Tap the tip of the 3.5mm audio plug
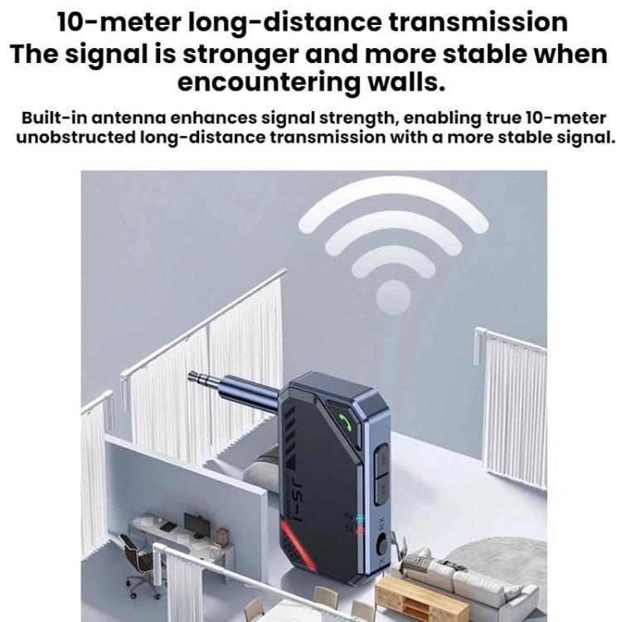[190, 374]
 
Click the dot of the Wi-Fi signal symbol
[393, 297]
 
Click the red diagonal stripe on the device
[299, 545]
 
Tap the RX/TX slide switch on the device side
[381, 544]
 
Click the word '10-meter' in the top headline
[119, 22]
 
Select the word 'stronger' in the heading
[241, 55]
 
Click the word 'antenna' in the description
[129, 119]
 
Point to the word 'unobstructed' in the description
[75, 138]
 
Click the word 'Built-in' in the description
[54, 119]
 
